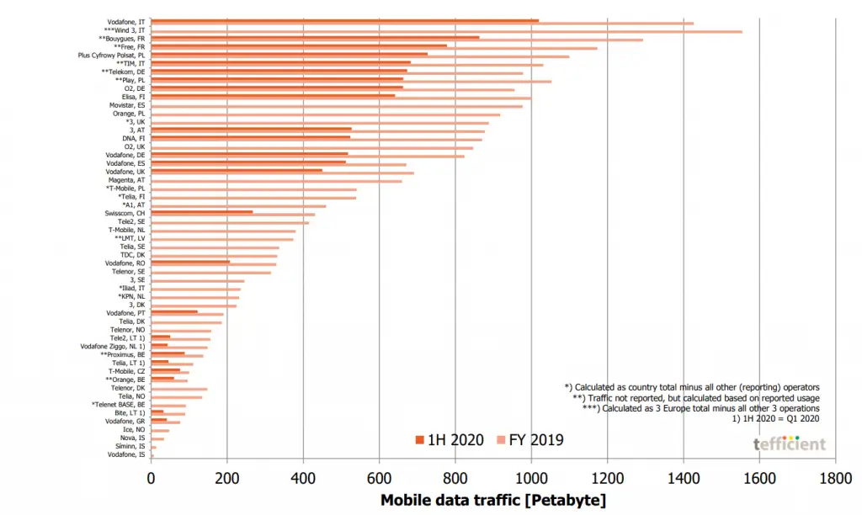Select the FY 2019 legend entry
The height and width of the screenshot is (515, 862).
(529, 440)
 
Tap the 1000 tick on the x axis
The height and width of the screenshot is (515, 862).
(531, 480)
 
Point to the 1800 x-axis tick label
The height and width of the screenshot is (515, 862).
(834, 480)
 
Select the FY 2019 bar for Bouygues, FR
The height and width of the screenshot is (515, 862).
(396, 40)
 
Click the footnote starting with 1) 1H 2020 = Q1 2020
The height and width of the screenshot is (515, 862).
(778, 418)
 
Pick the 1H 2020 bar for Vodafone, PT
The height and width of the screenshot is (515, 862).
(174, 311)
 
